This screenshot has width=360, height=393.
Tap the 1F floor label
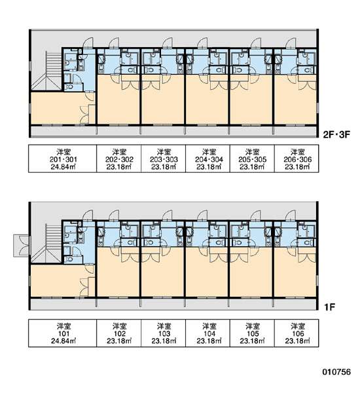point(330,307)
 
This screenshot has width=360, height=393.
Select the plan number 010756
point(336,372)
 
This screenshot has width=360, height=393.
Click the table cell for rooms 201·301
point(62,159)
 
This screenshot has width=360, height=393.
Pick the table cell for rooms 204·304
point(207,159)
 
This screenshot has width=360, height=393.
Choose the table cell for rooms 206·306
point(297,159)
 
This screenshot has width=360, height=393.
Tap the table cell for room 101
point(62,333)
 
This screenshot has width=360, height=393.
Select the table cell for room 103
point(164,333)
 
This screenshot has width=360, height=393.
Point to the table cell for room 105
point(252,333)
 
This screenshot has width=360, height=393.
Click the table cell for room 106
point(297,333)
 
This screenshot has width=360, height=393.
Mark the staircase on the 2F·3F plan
point(47,71)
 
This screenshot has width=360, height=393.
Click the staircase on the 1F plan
point(47,244)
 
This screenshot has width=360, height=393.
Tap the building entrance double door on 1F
point(22,246)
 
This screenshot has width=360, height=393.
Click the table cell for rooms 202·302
point(118,159)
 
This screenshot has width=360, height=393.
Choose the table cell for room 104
point(207,333)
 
